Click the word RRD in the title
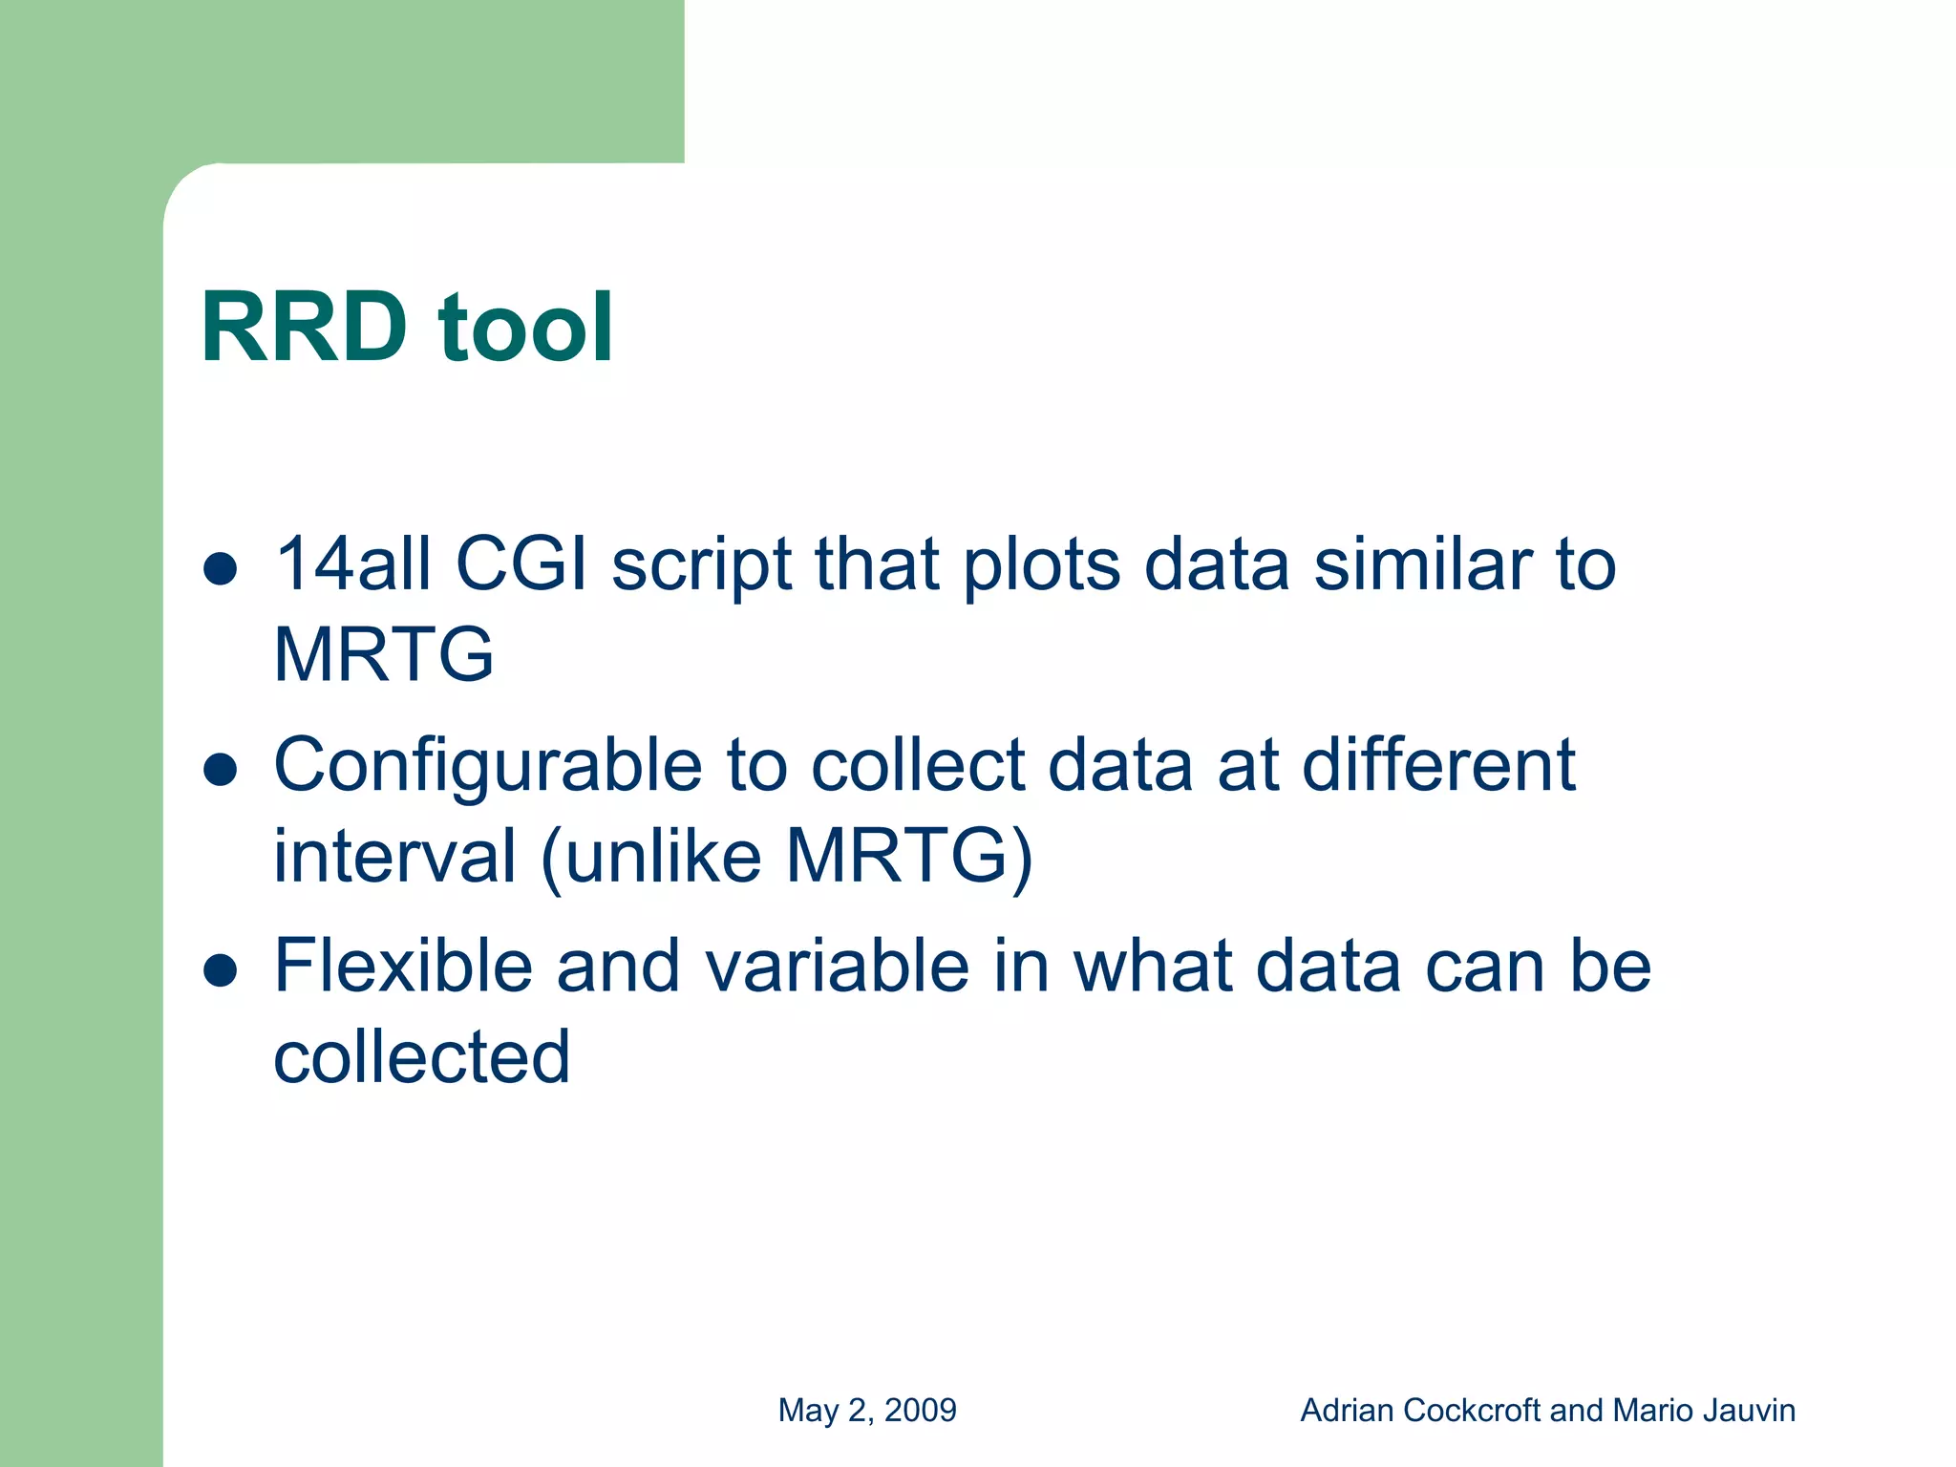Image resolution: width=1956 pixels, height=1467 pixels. coord(304,328)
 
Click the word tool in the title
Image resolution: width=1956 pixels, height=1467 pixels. coord(525,328)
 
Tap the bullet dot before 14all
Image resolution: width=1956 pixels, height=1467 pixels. coord(221,568)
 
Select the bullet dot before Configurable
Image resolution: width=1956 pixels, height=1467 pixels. coord(221,769)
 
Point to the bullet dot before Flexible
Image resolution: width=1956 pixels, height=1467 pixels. coord(221,970)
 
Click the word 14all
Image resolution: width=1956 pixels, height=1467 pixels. coord(352,563)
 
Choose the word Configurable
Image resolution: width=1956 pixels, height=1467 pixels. coord(488,767)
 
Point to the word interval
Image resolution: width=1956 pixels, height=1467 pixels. coord(394,856)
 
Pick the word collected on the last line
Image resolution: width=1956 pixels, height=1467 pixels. coord(421,1056)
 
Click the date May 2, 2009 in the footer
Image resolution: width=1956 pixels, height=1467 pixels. coord(867,1410)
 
